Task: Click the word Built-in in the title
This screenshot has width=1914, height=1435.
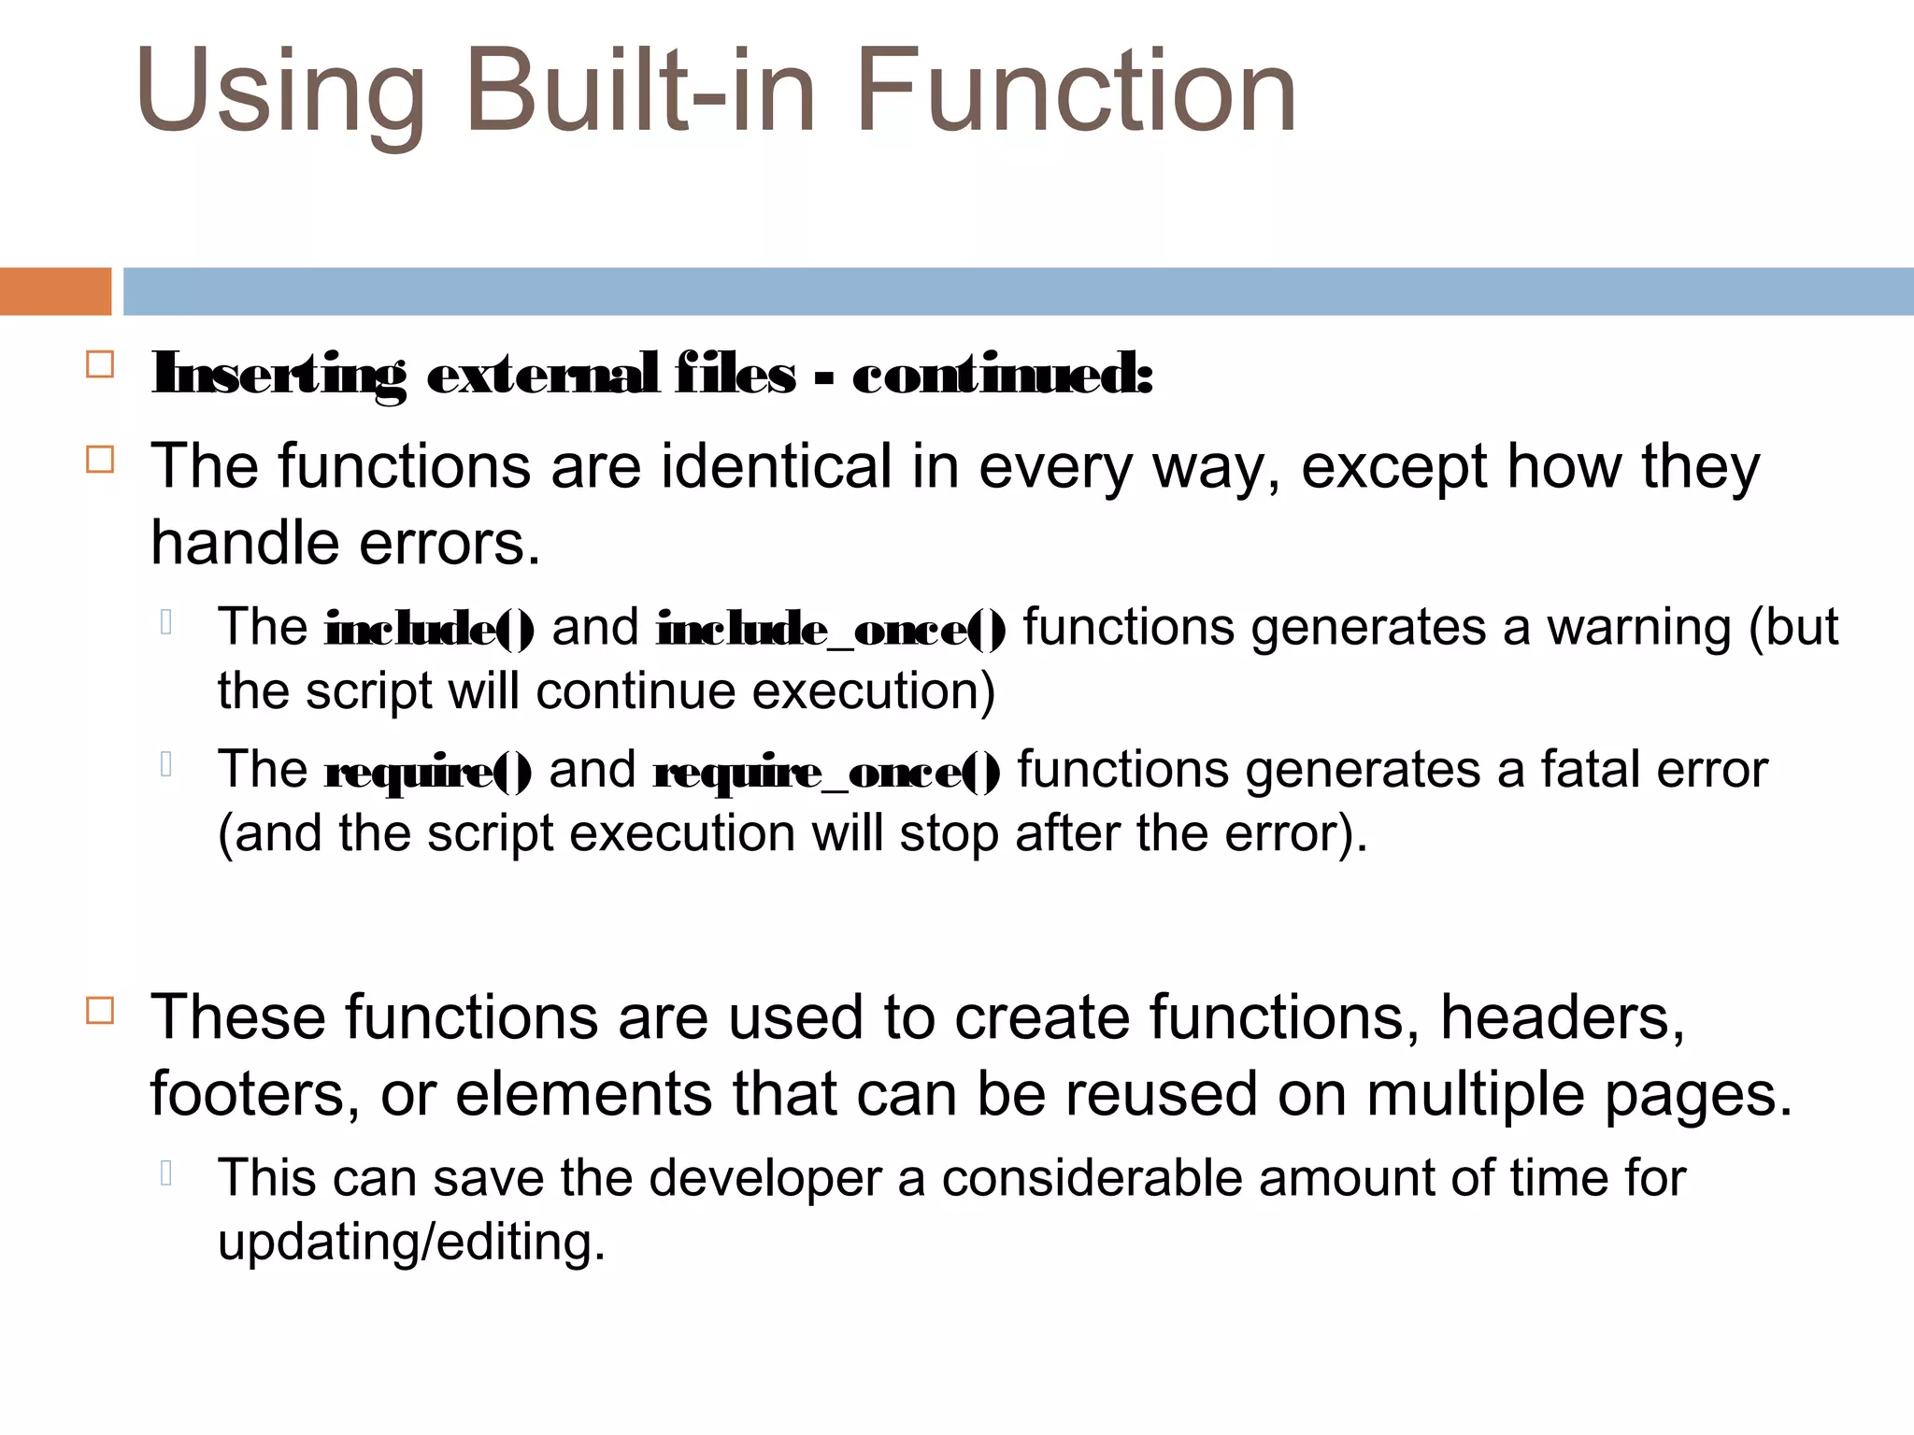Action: pyautogui.click(x=640, y=92)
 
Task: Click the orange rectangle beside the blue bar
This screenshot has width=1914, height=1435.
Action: pyautogui.click(x=55, y=291)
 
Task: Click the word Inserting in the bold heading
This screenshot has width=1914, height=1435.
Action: pyautogui.click(x=279, y=376)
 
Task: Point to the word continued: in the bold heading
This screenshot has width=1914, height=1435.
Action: pyautogui.click(x=1003, y=376)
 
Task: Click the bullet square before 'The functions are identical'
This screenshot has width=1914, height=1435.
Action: pyautogui.click(x=100, y=460)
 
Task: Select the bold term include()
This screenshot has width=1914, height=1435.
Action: pyautogui.click(x=429, y=628)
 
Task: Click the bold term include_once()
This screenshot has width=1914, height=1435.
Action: pyautogui.click(x=831, y=628)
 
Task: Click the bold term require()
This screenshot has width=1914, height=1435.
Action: pyautogui.click(x=428, y=772)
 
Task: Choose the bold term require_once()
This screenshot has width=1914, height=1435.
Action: pyautogui.click(x=826, y=772)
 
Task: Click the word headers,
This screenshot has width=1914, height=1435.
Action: pyautogui.click(x=1563, y=1016)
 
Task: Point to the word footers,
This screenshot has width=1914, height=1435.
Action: pyautogui.click(x=255, y=1094)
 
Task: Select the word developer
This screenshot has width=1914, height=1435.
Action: pyautogui.click(x=765, y=1178)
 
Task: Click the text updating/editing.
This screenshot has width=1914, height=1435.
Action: pyautogui.click(x=411, y=1243)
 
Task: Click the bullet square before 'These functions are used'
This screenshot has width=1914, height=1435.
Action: pyautogui.click(x=100, y=1011)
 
